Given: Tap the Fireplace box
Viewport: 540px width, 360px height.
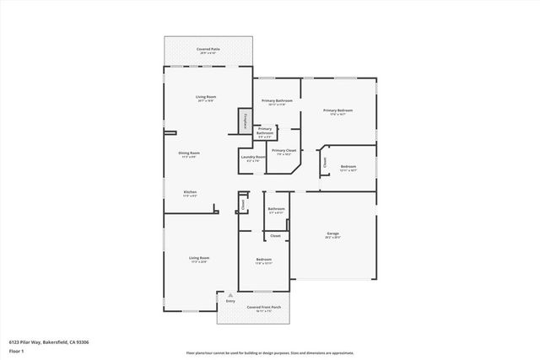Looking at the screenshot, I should (246, 121).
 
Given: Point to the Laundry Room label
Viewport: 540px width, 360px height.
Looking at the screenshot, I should (249, 158).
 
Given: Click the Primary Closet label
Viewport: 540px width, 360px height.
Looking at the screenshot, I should (283, 151).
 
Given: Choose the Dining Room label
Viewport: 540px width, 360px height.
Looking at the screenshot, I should (189, 153).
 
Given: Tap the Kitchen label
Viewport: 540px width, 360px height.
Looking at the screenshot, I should (190, 193).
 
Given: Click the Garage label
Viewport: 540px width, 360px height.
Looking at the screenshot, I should (333, 234).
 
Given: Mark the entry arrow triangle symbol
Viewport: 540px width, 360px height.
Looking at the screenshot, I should (230, 293).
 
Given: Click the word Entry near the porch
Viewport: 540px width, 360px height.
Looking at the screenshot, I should (230, 301).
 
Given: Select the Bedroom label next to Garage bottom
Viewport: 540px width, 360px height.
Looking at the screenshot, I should (264, 260).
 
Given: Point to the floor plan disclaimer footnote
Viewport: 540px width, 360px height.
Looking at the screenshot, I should (270, 352).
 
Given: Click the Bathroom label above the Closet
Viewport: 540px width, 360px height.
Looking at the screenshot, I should (277, 209).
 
